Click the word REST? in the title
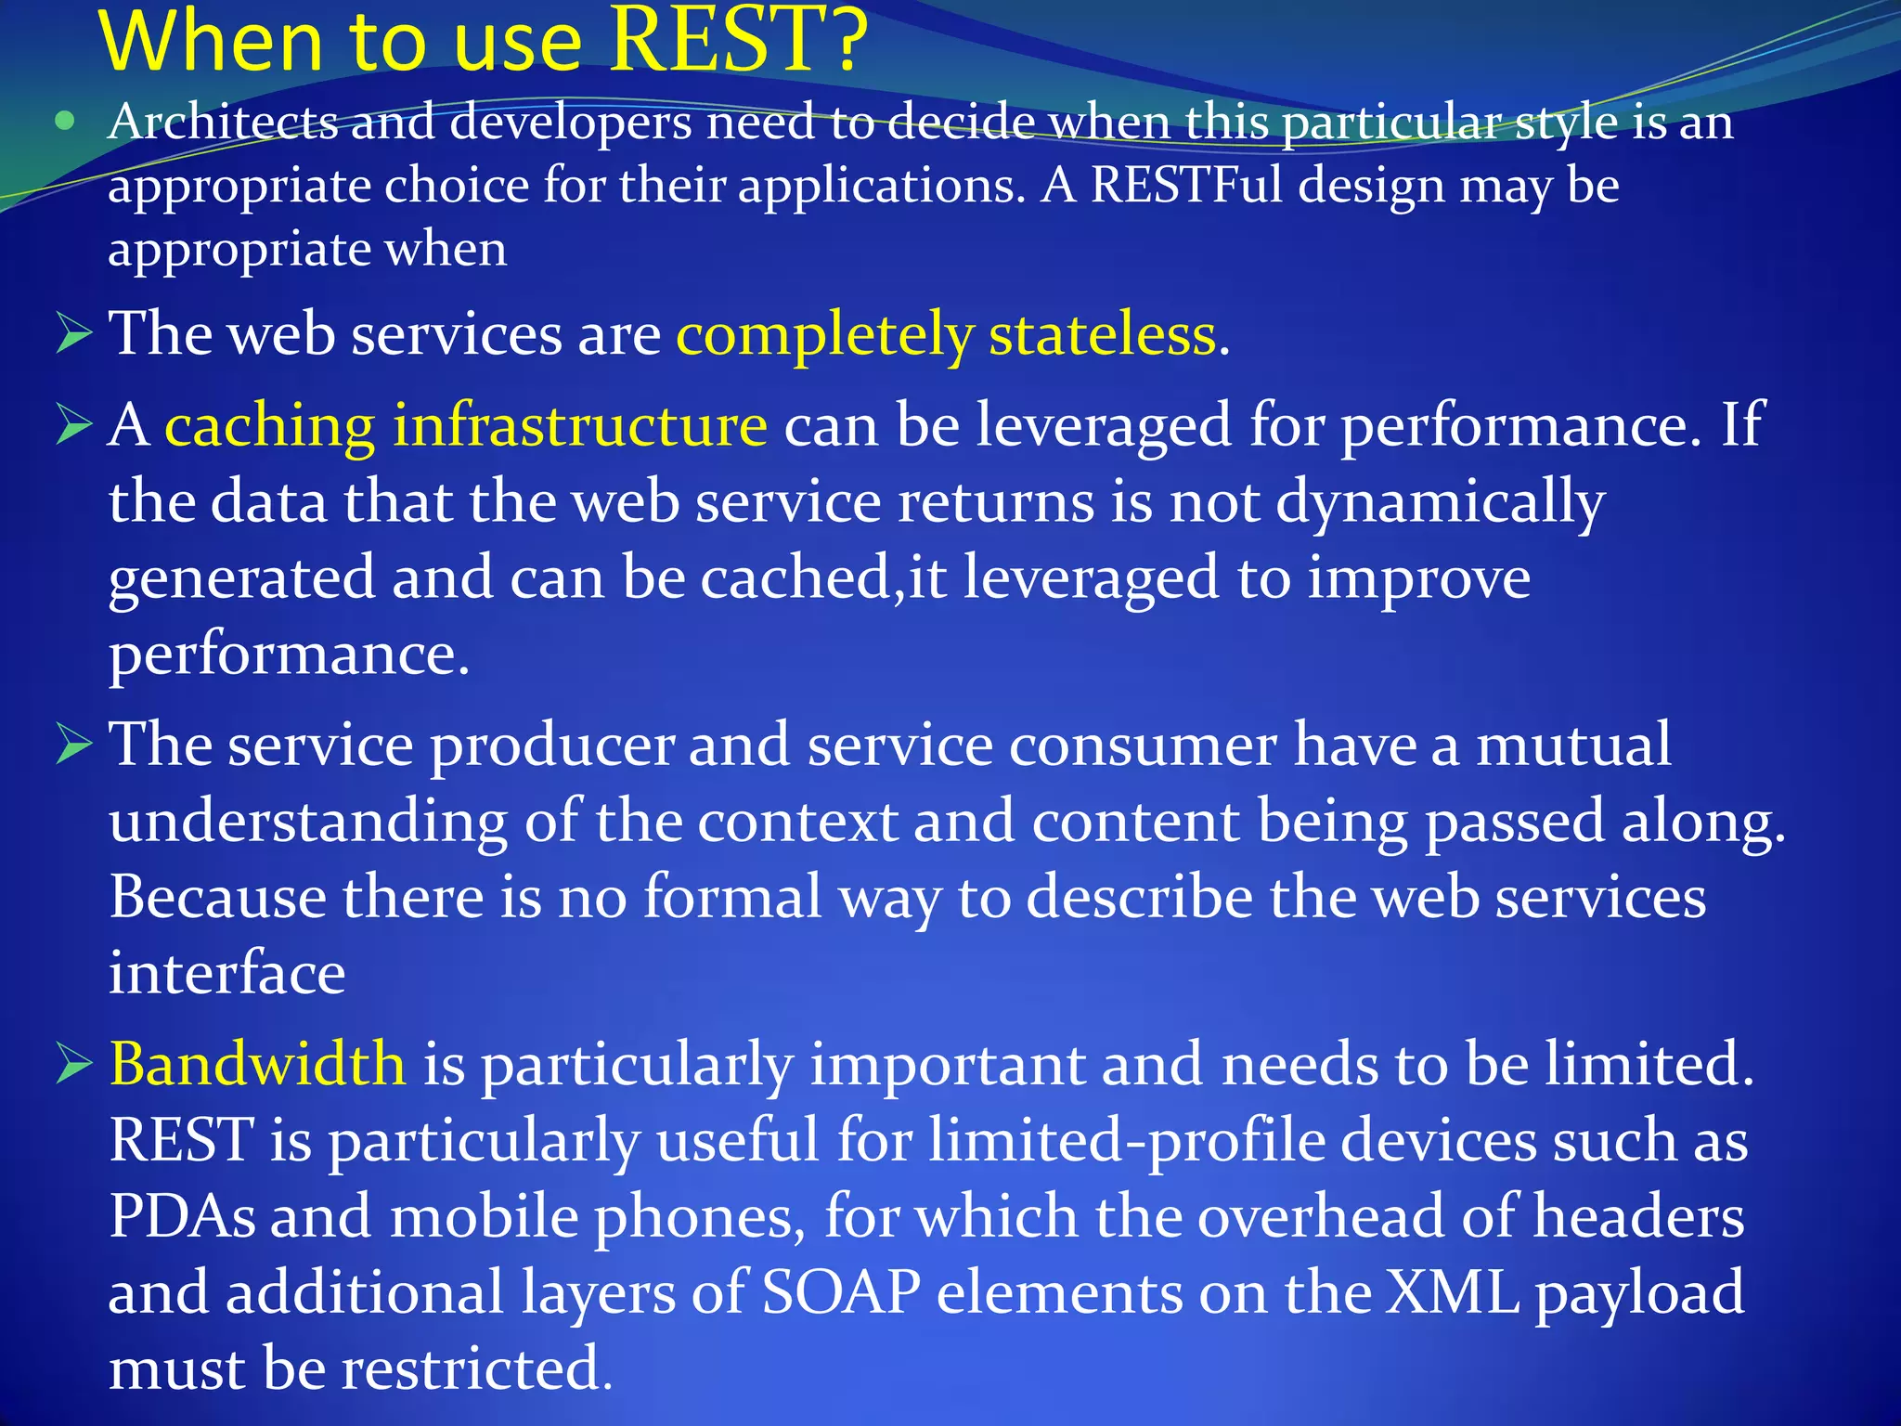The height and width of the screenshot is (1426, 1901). (738, 42)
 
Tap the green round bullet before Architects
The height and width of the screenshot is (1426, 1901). (64, 121)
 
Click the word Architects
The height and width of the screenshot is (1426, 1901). (223, 123)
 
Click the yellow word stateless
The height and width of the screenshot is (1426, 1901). (1102, 333)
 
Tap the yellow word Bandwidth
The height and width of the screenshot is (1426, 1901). (257, 1063)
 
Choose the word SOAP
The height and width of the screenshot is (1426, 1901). (841, 1291)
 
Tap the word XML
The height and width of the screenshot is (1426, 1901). (1452, 1291)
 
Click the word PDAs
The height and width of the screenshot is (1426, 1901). (182, 1215)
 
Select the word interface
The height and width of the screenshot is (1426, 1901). (227, 973)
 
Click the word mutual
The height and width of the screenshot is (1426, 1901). (1572, 744)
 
